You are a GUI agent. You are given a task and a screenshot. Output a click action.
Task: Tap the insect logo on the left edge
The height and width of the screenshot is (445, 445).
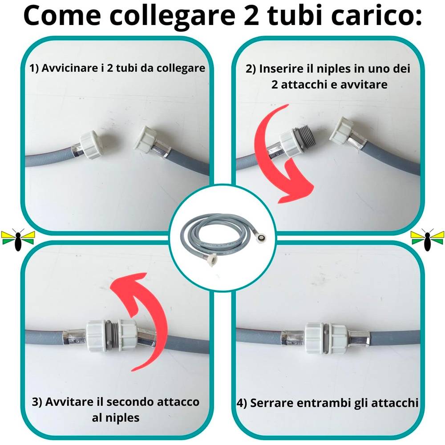(x=18, y=239)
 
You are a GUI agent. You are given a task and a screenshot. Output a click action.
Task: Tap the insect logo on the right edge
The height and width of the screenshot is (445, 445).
(x=427, y=239)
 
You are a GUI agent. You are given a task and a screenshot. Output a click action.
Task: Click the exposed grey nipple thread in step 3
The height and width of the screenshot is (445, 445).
(x=113, y=335)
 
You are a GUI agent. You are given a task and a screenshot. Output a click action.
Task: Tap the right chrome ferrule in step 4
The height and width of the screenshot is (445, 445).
(x=359, y=339)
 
